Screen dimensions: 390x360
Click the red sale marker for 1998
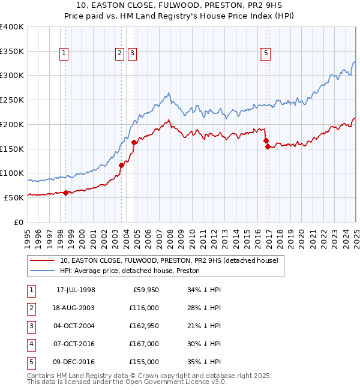(66, 193)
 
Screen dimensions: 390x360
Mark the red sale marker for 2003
(121, 165)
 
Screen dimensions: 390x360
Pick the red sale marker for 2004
(134, 142)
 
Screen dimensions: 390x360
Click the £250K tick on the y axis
(11, 100)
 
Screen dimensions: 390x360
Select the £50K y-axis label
(14, 197)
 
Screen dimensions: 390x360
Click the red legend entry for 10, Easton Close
(169, 261)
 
